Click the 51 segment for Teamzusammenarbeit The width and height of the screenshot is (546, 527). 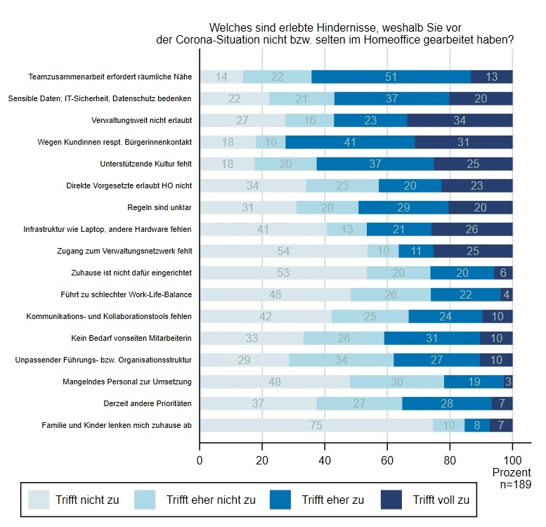[x=391, y=77]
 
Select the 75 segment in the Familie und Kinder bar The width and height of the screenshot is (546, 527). [x=316, y=425]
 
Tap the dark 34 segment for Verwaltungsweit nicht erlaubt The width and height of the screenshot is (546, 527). [x=460, y=120]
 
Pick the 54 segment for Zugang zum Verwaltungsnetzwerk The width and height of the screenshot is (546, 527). [x=284, y=251]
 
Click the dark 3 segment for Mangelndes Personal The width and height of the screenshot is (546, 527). [x=508, y=382]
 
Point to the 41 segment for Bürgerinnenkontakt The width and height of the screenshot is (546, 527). [x=350, y=142]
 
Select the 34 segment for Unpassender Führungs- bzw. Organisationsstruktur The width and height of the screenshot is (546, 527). [x=341, y=360]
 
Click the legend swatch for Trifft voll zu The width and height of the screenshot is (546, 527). [x=392, y=500]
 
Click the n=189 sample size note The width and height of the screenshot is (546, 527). [x=514, y=483]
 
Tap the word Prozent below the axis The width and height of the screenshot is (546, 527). [x=512, y=471]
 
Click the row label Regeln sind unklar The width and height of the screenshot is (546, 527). [x=164, y=207]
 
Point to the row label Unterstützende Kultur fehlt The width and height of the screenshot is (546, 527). [x=147, y=164]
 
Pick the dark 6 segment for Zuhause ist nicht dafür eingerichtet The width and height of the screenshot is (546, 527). [x=503, y=273]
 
